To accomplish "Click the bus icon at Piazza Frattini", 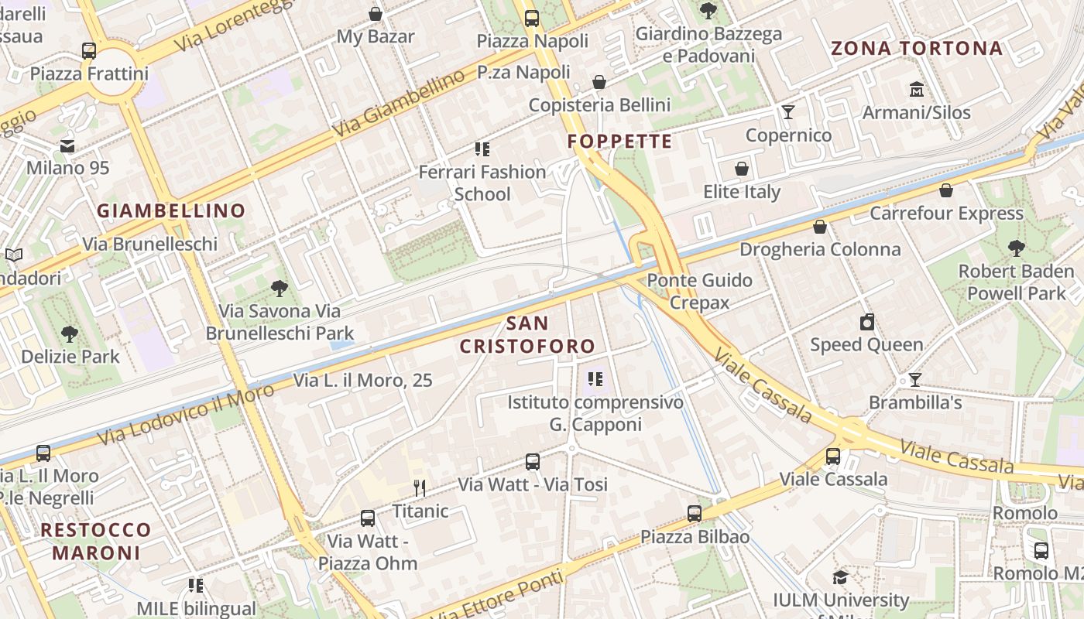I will pyautogui.click(x=89, y=51).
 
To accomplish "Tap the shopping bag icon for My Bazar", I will pyautogui.click(x=376, y=14).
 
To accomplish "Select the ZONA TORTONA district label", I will pyautogui.click(x=917, y=49).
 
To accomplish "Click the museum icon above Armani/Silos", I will pyautogui.click(x=917, y=89).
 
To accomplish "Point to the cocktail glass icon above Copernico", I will pyautogui.click(x=788, y=112).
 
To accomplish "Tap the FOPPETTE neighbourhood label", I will pyautogui.click(x=619, y=142).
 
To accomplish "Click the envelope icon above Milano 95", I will pyautogui.click(x=67, y=145).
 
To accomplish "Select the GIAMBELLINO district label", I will pyautogui.click(x=171, y=210).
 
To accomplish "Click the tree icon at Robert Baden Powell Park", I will pyautogui.click(x=1016, y=248).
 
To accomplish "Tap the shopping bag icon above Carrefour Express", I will pyautogui.click(x=946, y=190).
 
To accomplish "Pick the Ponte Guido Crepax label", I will pyautogui.click(x=700, y=291).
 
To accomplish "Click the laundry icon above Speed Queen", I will pyautogui.click(x=867, y=322).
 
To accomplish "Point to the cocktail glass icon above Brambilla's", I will pyautogui.click(x=914, y=380).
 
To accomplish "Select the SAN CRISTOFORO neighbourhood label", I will pyautogui.click(x=528, y=334).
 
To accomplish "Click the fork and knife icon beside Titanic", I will pyautogui.click(x=420, y=487).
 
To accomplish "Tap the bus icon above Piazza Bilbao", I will pyautogui.click(x=695, y=514).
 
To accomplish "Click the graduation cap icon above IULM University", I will pyautogui.click(x=840, y=577).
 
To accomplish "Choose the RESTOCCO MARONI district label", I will pyautogui.click(x=96, y=541).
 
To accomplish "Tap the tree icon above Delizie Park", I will pyautogui.click(x=70, y=334).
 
